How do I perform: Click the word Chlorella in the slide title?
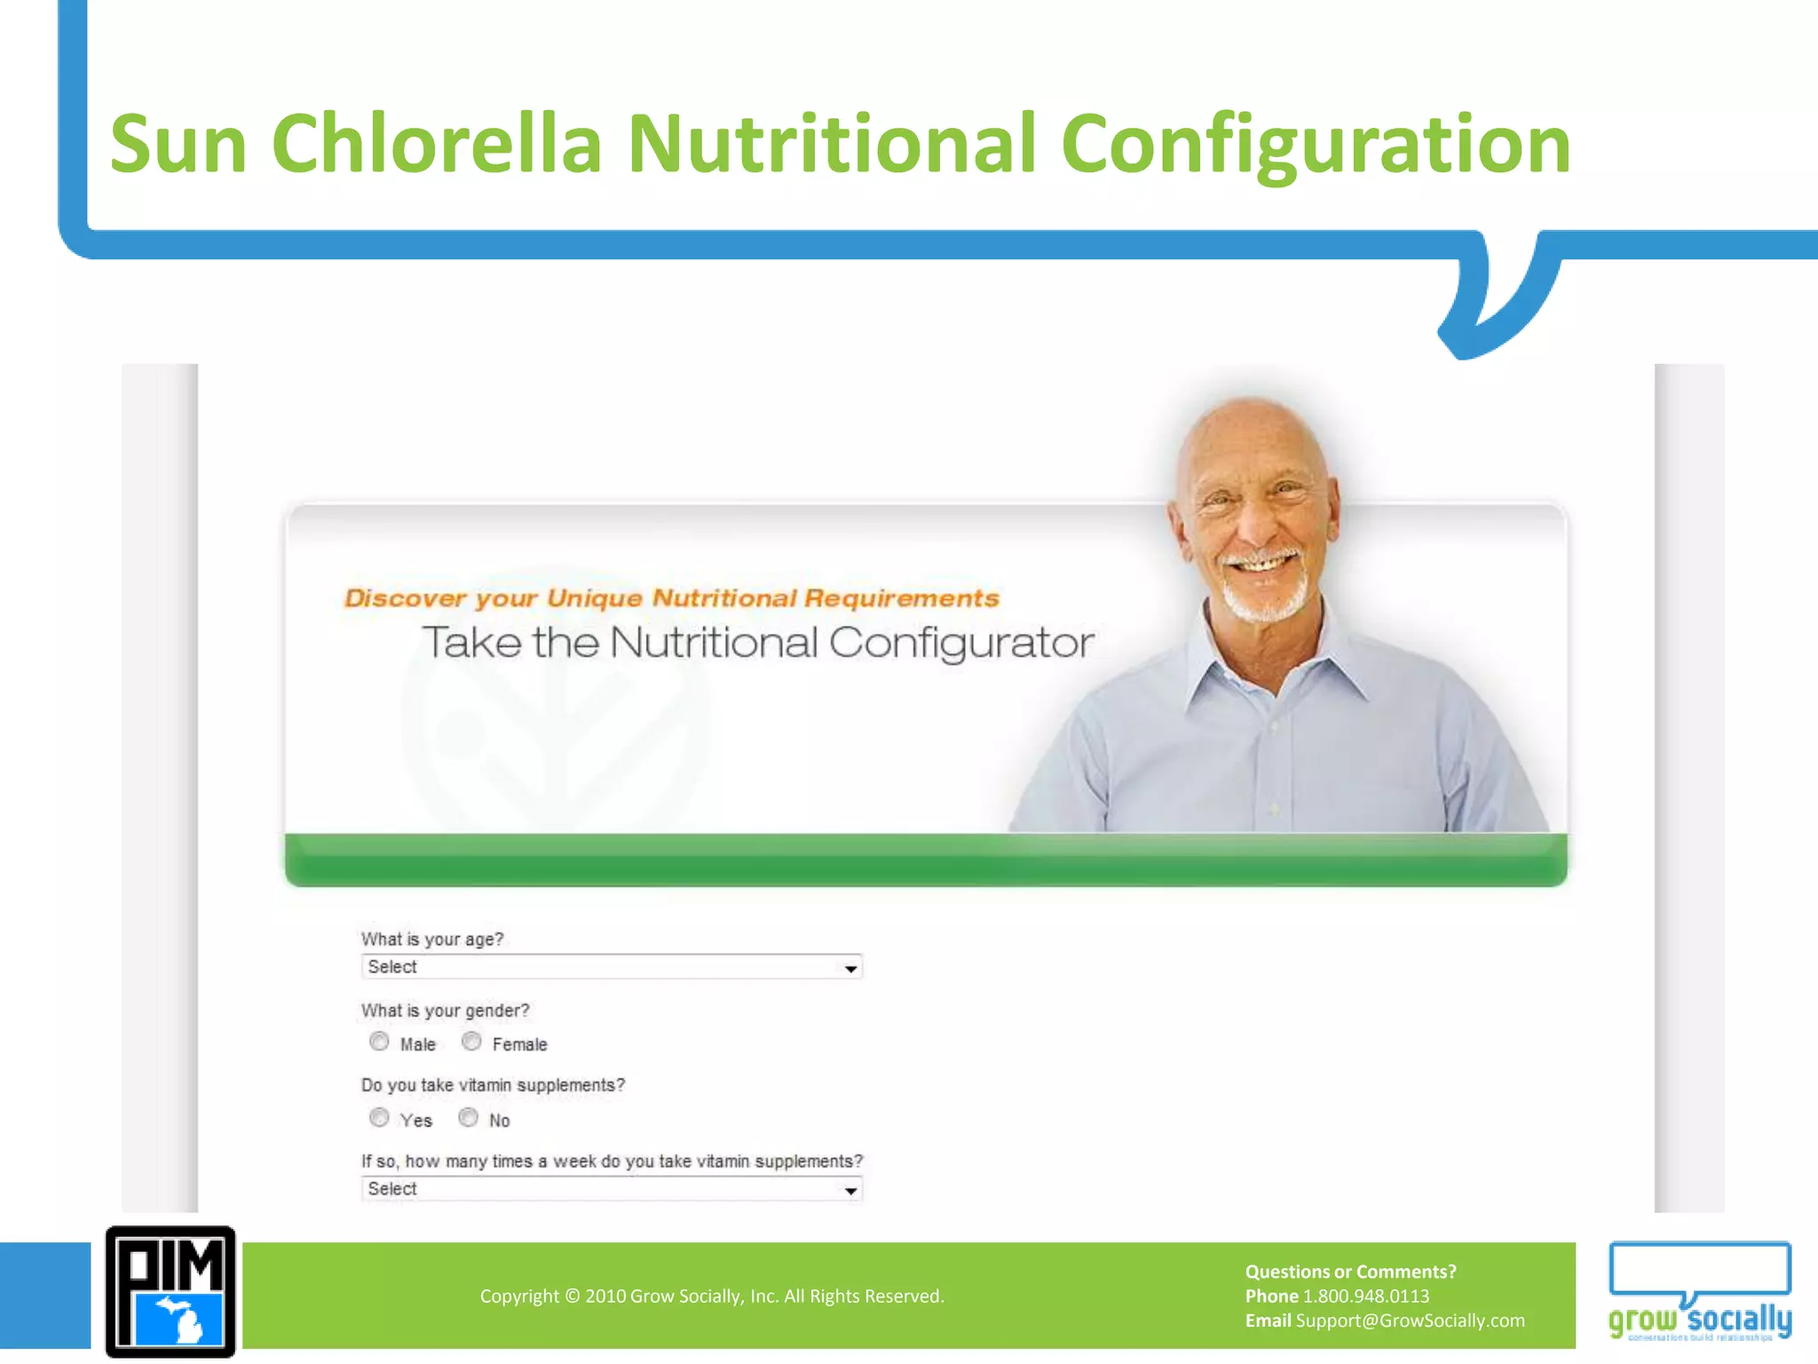coord(436,144)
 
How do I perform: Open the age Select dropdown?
coord(612,967)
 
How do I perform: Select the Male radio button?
coord(380,1042)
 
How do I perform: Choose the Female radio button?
coord(471,1042)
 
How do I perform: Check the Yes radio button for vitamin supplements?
coord(380,1118)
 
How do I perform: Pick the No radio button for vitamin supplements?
coord(469,1118)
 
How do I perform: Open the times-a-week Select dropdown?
coord(612,1189)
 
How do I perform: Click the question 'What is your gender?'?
coord(445,1011)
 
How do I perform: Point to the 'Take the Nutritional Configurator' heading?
coord(757,642)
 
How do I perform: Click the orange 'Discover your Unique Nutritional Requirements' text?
coord(672,598)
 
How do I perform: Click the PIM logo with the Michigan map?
coord(170,1292)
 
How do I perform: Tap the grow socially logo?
coord(1700,1292)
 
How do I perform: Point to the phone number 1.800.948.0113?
coord(1365,1297)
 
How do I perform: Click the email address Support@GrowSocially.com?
coord(1410,1320)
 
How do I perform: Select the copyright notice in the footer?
coord(712,1297)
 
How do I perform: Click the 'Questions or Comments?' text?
coord(1350,1272)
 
